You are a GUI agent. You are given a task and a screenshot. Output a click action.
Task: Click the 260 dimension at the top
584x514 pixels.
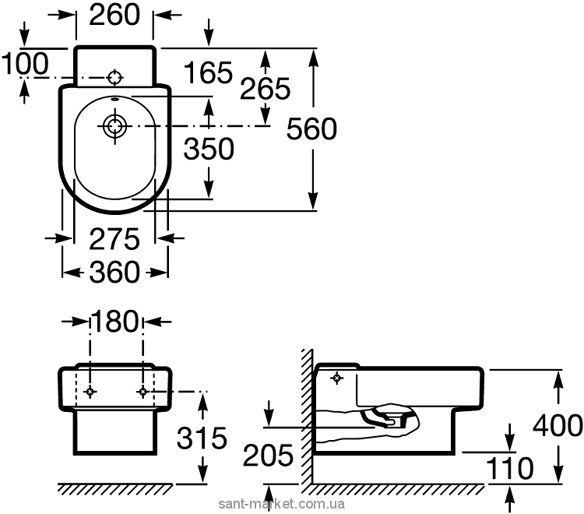[x=114, y=15]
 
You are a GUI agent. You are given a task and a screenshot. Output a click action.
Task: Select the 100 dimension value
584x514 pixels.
[x=25, y=63]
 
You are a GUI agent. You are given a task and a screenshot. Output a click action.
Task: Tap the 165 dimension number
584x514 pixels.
[x=208, y=72]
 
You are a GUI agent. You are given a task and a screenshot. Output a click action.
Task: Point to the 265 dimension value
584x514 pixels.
[x=265, y=89]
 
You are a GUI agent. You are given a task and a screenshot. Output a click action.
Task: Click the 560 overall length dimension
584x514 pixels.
[x=311, y=128]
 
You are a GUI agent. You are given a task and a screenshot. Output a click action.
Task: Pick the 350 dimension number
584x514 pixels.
[x=209, y=149]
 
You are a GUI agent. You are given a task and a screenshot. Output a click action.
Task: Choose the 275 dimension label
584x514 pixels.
[x=114, y=239]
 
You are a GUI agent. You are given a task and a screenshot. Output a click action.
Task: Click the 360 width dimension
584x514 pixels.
[x=114, y=272]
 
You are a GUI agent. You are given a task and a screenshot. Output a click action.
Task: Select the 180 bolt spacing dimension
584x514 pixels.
[x=114, y=322]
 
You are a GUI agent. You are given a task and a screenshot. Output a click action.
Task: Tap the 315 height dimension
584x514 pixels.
[x=202, y=437]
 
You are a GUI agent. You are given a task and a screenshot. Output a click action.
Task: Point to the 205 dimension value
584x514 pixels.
[x=268, y=455]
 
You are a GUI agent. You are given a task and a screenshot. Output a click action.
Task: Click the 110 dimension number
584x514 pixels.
[x=510, y=468]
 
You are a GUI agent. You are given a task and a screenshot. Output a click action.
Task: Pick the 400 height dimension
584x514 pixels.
[x=558, y=425]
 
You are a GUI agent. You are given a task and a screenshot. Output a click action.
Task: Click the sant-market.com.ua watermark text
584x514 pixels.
[x=282, y=505]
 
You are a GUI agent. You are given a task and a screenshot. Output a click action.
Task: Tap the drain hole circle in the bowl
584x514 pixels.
[x=115, y=126]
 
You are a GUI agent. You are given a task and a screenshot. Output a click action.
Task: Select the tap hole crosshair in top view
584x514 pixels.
[x=114, y=77]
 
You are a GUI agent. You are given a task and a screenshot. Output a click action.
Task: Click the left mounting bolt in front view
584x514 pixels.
[x=90, y=392]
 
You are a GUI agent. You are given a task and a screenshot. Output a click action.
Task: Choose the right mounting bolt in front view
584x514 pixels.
[x=143, y=392]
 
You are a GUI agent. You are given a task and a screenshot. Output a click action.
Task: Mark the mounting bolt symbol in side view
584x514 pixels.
[x=337, y=378]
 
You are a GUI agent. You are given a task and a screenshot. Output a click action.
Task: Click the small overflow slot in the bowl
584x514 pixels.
[x=115, y=100]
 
